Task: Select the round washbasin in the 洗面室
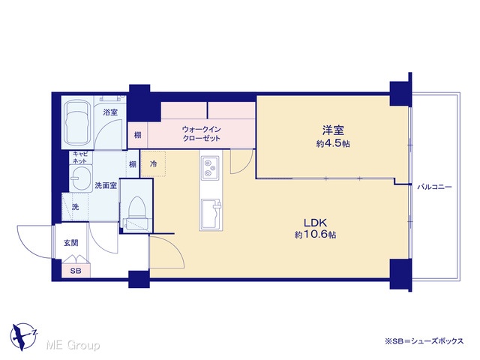click(81, 178)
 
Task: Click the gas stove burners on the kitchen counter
click(210, 168)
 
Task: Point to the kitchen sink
click(211, 214)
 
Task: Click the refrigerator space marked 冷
click(153, 163)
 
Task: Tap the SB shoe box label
click(76, 271)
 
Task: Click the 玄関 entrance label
click(71, 243)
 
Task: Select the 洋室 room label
click(333, 130)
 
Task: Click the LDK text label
click(316, 222)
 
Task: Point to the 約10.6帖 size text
click(316, 235)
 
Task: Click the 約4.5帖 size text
click(333, 143)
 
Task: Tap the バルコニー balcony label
click(435, 187)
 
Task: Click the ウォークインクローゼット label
click(202, 133)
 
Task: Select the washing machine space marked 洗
click(75, 207)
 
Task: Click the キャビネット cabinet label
click(79, 157)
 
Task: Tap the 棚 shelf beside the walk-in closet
click(138, 135)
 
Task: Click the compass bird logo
click(23, 337)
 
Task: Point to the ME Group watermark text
click(73, 346)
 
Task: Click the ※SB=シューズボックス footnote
click(424, 341)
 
